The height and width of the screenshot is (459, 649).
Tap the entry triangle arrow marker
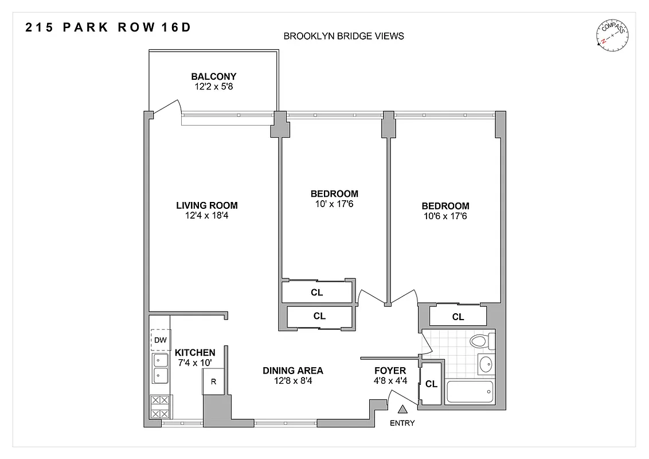pos(402,410)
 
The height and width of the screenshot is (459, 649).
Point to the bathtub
pos(470,392)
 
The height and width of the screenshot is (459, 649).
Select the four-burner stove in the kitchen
pos(160,407)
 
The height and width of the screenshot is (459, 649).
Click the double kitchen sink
pos(160,368)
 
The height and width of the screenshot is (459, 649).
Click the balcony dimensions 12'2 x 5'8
pos(213,87)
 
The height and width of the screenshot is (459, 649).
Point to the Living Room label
pos(206,205)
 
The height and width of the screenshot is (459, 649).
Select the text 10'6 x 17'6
pos(445,216)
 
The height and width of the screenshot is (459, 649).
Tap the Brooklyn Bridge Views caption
pos(344,36)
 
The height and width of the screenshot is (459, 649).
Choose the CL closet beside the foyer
pos(431,384)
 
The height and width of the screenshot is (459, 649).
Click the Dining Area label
pos(293,371)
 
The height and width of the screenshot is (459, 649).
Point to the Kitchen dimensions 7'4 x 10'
pos(195,363)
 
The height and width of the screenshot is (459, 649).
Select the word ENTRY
pos(402,423)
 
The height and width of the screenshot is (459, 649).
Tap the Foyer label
pos(390,371)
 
